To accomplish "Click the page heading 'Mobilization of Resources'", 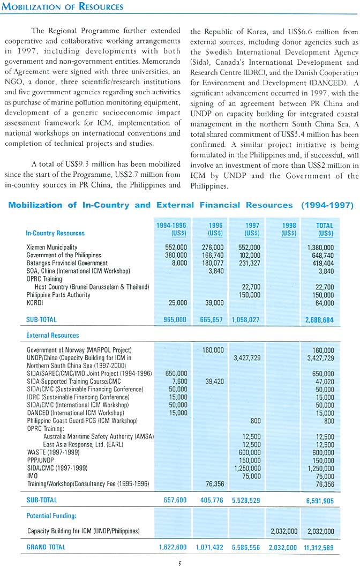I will coord(63,7).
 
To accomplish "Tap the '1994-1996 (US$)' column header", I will coord(171,229).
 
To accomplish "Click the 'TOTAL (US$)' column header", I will coord(324,229).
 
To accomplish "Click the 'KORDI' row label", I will coord(35,303).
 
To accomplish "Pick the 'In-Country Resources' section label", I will coord(55,233).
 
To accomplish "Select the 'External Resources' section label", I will coord(52,335).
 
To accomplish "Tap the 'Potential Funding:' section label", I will coord(51,515).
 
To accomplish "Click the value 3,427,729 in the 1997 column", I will coord(247,358).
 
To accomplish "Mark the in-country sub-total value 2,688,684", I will coord(320,319).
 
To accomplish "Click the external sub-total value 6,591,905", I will coord(320,500).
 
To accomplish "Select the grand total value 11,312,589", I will coord(318,547).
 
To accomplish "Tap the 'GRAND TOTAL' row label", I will coord(46,547).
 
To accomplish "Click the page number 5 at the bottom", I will coord(179,562).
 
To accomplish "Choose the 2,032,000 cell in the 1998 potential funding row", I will coord(284,531).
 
